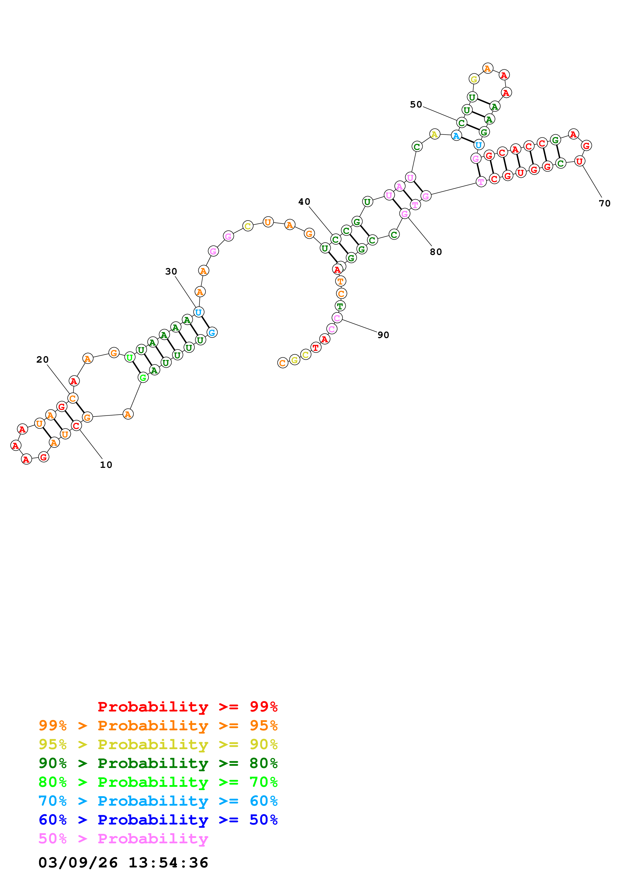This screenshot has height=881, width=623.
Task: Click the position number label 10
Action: click(x=106, y=465)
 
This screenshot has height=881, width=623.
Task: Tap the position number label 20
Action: click(x=43, y=360)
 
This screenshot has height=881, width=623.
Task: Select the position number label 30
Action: click(x=171, y=271)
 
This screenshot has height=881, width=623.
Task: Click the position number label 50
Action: click(x=416, y=104)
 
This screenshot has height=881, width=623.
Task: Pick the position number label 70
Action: click(x=605, y=203)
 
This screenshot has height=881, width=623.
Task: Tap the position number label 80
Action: click(x=436, y=252)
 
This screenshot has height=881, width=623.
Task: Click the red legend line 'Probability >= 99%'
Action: click(x=188, y=706)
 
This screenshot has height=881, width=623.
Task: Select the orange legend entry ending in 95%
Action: click(x=158, y=725)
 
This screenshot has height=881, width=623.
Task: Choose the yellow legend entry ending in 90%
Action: click(x=158, y=744)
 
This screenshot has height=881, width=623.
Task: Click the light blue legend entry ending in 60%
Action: click(x=158, y=801)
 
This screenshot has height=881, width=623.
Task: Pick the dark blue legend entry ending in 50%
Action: click(x=158, y=820)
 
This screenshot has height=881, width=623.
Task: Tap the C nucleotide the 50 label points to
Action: click(x=461, y=123)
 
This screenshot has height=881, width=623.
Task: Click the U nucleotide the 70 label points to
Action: click(x=579, y=161)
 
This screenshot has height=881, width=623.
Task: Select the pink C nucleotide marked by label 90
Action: click(x=337, y=318)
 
